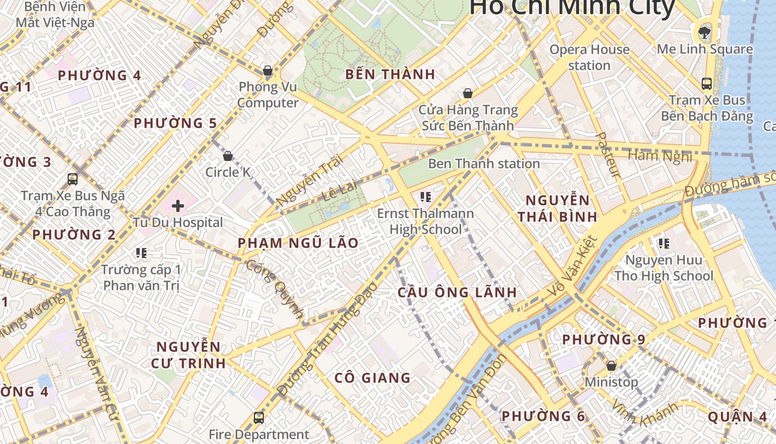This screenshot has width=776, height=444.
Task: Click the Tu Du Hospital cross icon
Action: tap(178, 206)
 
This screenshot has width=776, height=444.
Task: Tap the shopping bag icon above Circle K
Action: tap(227, 156)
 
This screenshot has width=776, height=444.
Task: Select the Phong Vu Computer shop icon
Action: tap(268, 70)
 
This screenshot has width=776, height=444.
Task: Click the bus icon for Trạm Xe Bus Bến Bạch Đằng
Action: tap(707, 84)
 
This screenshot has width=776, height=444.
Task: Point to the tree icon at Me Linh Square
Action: tap(704, 32)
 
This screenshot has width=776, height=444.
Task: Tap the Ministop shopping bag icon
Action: tap(611, 366)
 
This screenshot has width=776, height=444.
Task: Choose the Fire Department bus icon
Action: tap(258, 417)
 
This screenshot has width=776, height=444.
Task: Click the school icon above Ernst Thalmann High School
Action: tap(426, 196)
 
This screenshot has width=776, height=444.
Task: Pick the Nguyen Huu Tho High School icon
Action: tap(663, 243)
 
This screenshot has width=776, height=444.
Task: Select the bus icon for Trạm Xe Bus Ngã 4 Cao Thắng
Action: tap(73, 179)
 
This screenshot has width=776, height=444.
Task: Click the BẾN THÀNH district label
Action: tap(390, 74)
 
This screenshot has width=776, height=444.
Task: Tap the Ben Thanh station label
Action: tap(484, 164)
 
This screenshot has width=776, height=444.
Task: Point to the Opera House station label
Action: tap(589, 57)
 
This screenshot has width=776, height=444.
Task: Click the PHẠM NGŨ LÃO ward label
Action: tap(298, 243)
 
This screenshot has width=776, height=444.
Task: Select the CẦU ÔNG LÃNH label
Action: tap(457, 292)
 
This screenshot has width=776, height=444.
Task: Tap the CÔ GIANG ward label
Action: tap(372, 378)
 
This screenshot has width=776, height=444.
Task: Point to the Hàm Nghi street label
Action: tap(660, 156)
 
